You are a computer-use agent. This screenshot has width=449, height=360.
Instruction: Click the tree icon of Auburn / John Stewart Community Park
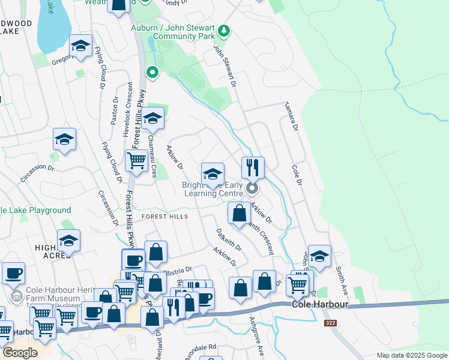click(224, 30)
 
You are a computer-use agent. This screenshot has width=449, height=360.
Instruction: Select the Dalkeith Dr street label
click(229, 238)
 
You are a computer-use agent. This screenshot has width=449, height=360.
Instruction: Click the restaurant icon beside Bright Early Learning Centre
click(253, 167)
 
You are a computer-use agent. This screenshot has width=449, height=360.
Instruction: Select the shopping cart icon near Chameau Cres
click(136, 160)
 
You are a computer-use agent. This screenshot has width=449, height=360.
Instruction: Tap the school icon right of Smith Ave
click(319, 255)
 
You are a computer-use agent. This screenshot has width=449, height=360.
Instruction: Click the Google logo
click(20, 353)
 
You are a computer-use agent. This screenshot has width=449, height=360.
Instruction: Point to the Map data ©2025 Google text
click(411, 355)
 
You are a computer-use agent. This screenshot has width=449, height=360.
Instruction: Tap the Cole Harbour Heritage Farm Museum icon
click(17, 296)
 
